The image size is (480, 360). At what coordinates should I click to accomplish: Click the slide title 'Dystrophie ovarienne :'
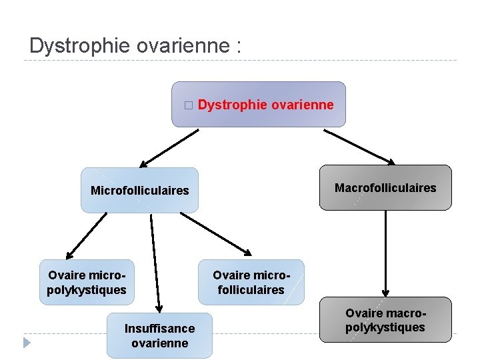pos(135,46)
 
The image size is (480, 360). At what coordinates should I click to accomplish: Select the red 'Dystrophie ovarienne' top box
pos(259,105)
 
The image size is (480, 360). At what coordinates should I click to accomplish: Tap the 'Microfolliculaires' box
pos(140,191)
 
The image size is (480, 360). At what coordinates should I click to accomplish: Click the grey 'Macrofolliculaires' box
pos(385,188)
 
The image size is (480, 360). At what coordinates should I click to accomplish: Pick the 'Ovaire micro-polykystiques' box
pos(87,282)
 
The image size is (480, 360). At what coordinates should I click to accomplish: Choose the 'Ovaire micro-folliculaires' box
pos(251,282)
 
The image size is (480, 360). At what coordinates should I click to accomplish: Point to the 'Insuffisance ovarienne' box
pos(159,335)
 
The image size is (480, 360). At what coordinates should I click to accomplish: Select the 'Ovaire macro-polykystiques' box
pos(385,320)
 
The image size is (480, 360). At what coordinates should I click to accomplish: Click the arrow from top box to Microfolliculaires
pos(169,148)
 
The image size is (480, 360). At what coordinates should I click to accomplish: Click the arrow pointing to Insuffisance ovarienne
pos(155,263)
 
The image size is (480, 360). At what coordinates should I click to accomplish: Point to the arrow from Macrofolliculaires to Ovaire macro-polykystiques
pos(385,253)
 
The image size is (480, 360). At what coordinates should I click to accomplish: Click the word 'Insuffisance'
pos(159,328)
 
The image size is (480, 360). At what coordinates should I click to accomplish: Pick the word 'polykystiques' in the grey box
pos(385,327)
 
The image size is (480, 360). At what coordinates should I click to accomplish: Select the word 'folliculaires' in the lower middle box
pos(251,290)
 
